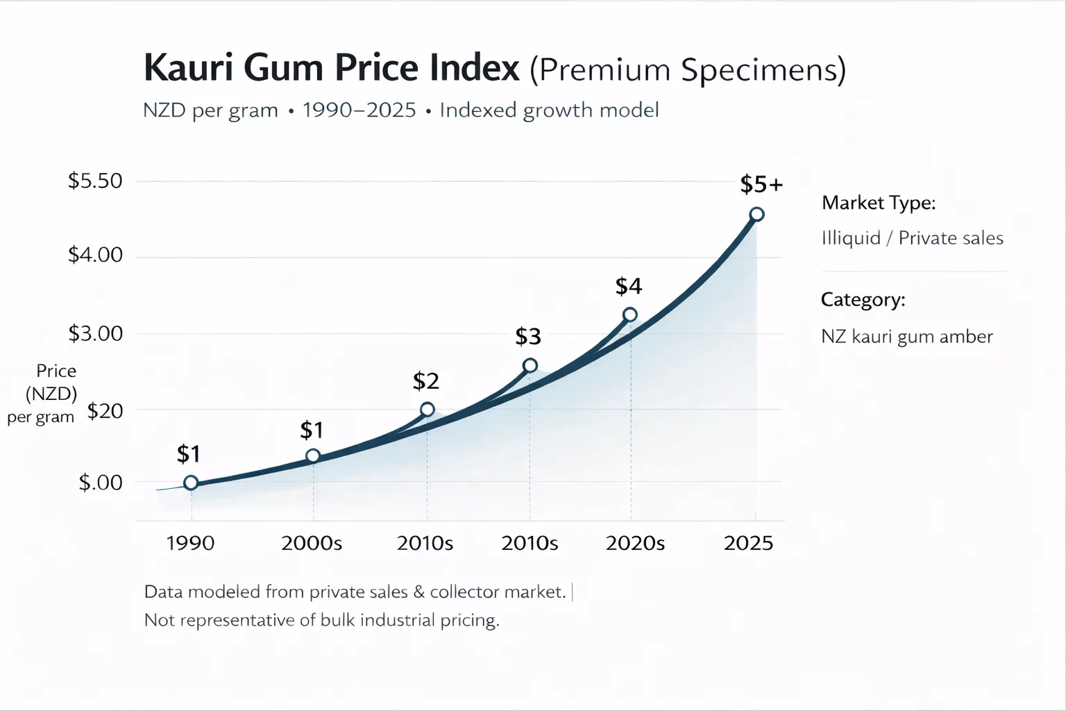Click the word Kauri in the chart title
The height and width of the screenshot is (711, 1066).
(187, 68)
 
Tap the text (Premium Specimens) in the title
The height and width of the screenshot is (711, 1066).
(688, 70)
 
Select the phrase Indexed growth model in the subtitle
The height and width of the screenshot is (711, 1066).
(549, 110)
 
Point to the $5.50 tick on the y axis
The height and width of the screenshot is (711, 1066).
(95, 181)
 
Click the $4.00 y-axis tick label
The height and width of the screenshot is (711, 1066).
(95, 255)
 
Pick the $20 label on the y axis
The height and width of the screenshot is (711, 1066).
(105, 411)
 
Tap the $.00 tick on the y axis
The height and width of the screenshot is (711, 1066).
(101, 483)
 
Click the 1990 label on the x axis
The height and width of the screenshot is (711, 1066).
(190, 543)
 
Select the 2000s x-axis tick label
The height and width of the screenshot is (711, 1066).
(312, 543)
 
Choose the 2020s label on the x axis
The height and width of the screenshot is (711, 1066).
(635, 543)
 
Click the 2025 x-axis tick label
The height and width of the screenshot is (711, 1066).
(748, 543)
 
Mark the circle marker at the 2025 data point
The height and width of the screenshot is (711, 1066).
(757, 215)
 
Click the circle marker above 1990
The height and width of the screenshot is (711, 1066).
(191, 483)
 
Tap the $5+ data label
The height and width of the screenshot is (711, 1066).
(761, 185)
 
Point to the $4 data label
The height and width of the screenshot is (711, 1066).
(629, 286)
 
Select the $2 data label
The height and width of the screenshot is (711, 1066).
(426, 381)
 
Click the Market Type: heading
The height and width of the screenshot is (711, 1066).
(879, 203)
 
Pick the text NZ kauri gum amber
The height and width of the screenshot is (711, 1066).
(906, 337)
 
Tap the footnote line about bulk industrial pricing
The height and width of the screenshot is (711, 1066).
(321, 620)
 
